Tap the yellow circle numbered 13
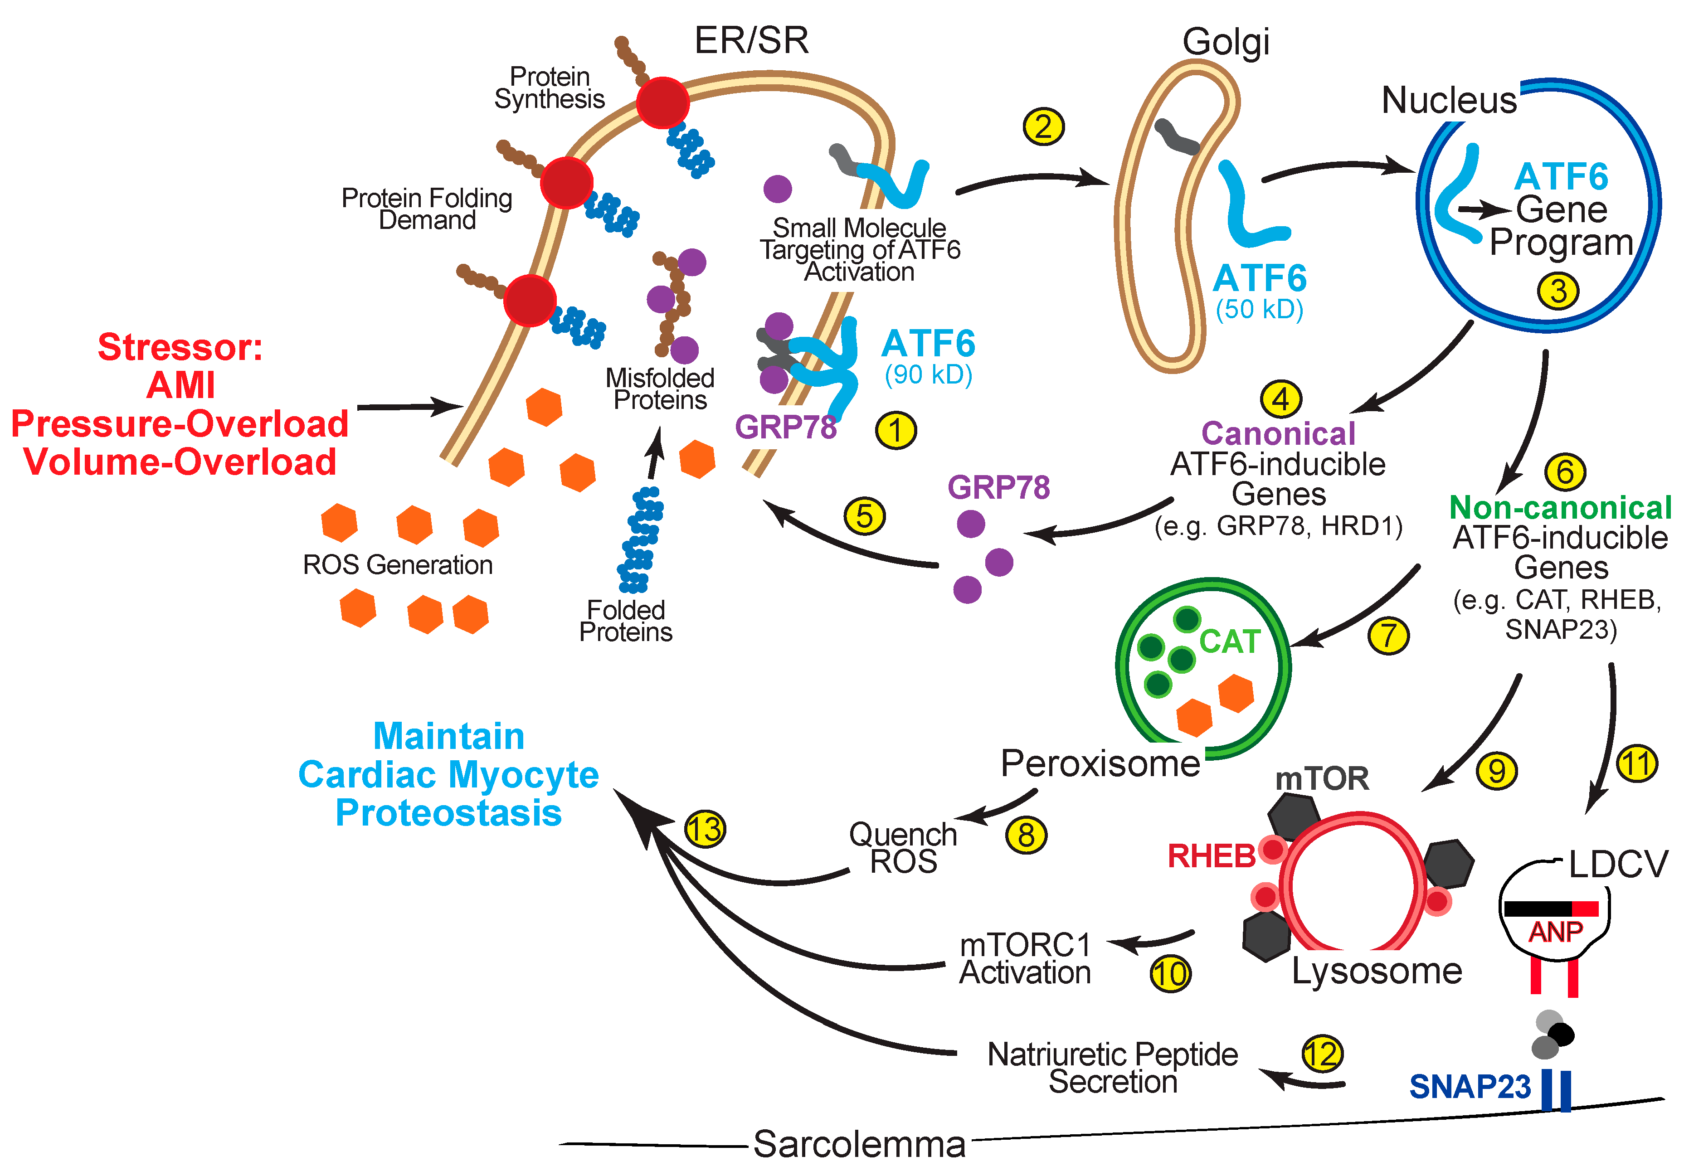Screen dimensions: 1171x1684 (705, 829)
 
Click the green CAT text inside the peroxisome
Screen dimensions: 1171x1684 (1229, 641)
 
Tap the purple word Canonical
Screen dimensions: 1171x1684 (1278, 433)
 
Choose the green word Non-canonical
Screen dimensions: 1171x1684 (1560, 507)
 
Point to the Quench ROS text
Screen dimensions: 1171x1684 (903, 848)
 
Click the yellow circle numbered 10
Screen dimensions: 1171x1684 (1170, 974)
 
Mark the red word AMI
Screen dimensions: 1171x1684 (180, 385)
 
